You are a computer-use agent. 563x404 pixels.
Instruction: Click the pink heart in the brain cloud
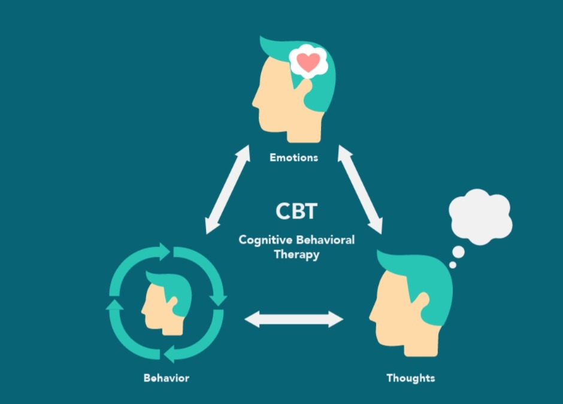[x=308, y=62]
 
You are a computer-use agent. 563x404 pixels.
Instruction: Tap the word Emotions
[x=293, y=158]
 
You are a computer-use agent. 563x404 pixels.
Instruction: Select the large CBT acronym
[x=296, y=211]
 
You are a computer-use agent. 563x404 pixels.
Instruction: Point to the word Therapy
[x=296, y=254]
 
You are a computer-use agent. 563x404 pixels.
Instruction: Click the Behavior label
[x=166, y=378]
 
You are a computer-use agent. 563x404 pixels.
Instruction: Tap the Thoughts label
[x=410, y=378]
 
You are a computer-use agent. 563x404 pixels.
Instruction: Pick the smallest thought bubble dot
[x=452, y=265]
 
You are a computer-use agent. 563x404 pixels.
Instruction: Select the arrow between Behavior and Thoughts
[x=294, y=320]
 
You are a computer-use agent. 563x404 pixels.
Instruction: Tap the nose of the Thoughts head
[x=372, y=313]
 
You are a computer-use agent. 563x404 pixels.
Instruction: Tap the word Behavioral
[x=324, y=240]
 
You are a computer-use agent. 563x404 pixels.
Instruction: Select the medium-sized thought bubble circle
[x=458, y=251]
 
